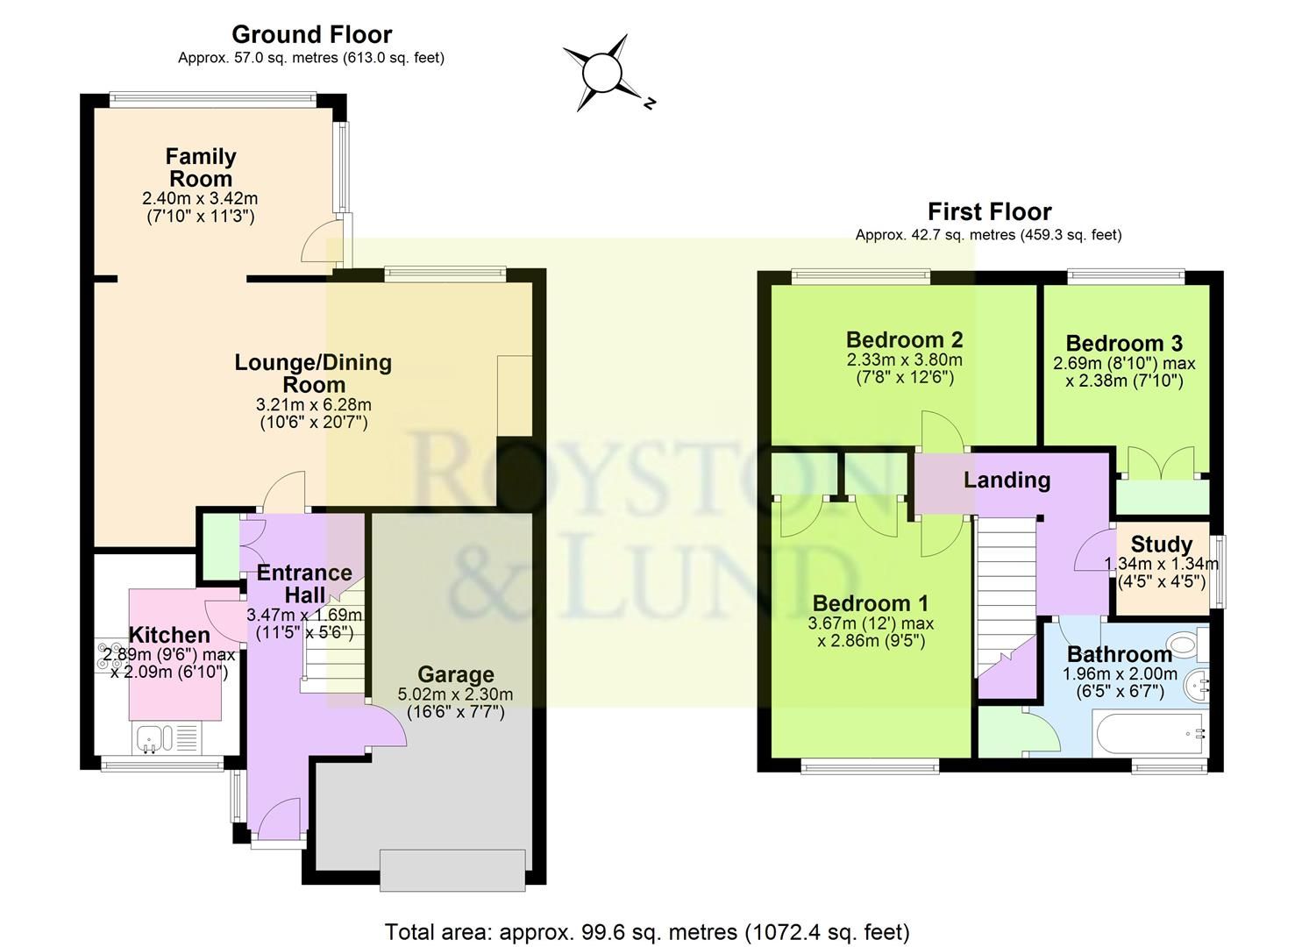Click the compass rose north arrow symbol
tap(602, 74)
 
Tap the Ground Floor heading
tap(311, 34)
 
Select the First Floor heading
tap(989, 211)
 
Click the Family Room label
tap(201, 167)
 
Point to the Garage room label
tap(455, 674)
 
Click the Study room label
tap(1161, 544)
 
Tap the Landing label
tap(1007, 480)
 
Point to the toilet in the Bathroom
tap(1185, 646)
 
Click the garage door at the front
tap(452, 869)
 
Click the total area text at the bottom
tap(647, 931)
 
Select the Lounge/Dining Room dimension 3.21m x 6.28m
tap(313, 405)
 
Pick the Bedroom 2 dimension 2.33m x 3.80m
tap(904, 360)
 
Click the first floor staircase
tap(1006, 596)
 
